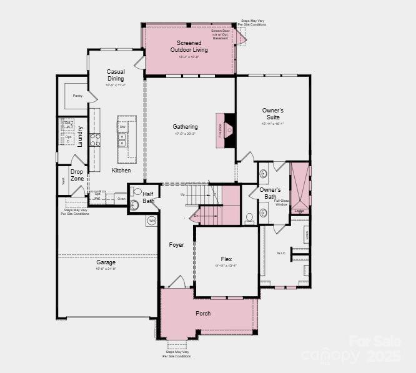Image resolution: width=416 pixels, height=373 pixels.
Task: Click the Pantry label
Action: point(77,96)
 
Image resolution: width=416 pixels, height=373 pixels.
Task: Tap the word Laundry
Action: point(81,136)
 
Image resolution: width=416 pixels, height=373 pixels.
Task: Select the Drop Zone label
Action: point(77,175)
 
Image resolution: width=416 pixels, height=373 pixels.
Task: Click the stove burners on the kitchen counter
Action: point(96,139)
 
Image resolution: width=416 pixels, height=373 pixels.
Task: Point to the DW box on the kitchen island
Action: point(122,127)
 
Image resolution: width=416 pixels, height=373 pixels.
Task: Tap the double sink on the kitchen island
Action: point(122,142)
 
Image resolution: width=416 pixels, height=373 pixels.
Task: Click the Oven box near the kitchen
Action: point(121,199)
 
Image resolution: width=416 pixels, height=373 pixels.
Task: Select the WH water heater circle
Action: point(152,221)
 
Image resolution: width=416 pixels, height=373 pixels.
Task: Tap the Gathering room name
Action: point(185,127)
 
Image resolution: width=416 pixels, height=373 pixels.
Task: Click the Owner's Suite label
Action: point(272,114)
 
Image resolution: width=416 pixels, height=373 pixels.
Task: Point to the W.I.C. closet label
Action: point(281,253)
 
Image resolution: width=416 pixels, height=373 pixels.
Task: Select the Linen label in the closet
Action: point(306,236)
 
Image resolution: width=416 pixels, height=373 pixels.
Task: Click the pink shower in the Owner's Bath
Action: point(300,184)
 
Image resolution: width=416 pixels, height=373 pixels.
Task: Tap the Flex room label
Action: point(226,259)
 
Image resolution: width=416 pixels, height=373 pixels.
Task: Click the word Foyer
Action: point(176,245)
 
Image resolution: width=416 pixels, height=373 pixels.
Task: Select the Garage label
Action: point(106,262)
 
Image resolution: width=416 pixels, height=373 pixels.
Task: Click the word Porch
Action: point(203,314)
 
